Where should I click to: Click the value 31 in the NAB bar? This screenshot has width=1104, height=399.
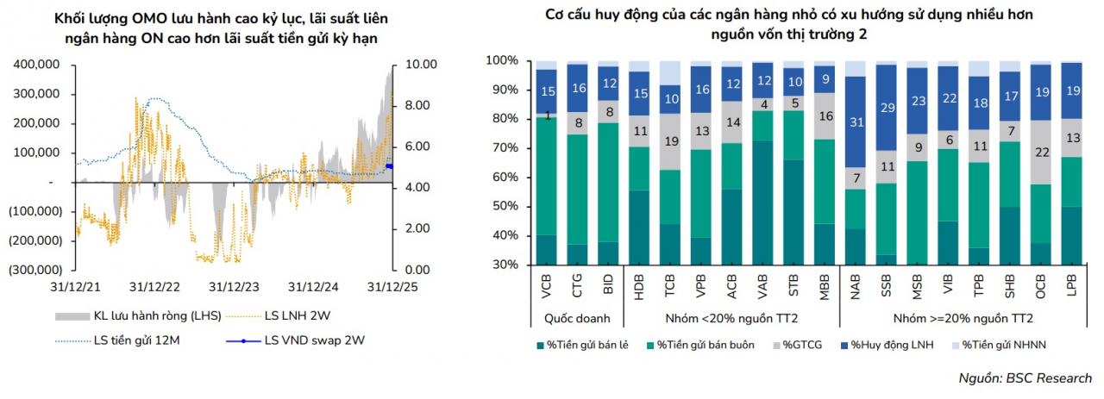click(x=856, y=122)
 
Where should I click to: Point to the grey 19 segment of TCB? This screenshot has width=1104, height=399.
click(x=670, y=142)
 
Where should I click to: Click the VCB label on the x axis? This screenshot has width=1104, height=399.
click(x=546, y=287)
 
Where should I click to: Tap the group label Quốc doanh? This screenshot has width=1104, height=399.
click(x=576, y=319)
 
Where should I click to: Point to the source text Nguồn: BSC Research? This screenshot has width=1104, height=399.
click(x=1025, y=378)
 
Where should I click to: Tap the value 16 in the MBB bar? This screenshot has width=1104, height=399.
click(x=825, y=116)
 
